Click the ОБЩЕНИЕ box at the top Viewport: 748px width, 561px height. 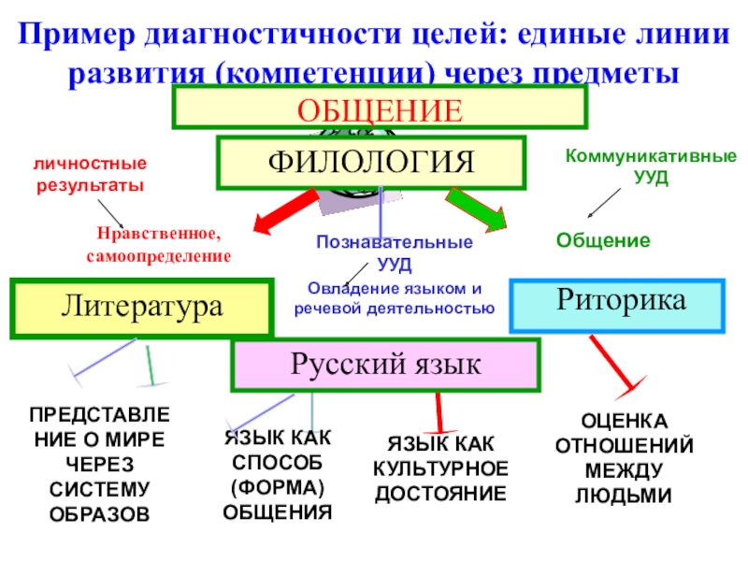coord(379,108)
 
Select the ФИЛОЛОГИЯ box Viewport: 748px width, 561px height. coord(371,162)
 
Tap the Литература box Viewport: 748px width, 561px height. coord(141,307)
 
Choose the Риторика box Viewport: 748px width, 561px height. coord(617,303)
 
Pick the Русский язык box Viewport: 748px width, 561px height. coord(385,365)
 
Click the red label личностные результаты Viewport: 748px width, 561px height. coord(91,174)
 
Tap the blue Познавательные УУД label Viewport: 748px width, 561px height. coord(394,252)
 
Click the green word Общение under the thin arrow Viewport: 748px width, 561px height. coord(603,240)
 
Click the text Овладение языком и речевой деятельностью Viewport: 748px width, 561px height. coord(394,297)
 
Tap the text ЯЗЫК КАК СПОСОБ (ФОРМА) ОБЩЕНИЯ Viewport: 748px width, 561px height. coord(278,475)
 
